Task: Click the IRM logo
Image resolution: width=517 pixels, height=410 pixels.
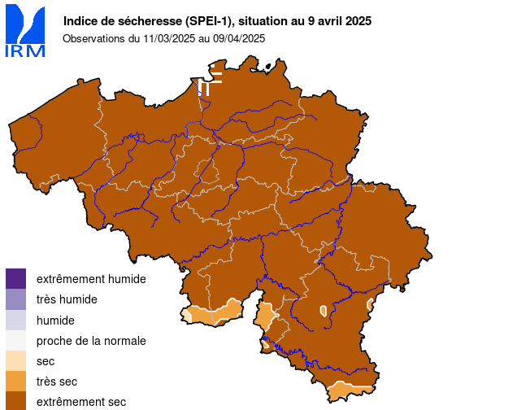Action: click(25, 31)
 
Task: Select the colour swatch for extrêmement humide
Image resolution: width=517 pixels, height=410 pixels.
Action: click(15, 279)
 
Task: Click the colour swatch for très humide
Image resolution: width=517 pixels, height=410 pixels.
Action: click(15, 299)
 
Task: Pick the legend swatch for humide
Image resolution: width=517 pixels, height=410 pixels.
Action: click(15, 321)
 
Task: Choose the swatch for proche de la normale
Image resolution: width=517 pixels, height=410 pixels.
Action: click(15, 341)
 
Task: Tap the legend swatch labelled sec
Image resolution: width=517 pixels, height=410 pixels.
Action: click(15, 361)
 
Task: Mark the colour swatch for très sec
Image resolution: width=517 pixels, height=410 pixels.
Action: click(15, 382)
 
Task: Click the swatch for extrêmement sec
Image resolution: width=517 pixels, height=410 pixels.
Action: click(15, 400)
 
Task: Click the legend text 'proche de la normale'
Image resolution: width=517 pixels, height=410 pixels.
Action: click(91, 341)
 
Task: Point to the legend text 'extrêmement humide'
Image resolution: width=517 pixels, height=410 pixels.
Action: click(91, 279)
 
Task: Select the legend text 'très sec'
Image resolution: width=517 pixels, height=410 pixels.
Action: click(57, 382)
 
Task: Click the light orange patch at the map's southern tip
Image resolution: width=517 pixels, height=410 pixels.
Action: click(350, 393)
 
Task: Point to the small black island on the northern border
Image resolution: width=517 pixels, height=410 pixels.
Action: click(267, 66)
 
